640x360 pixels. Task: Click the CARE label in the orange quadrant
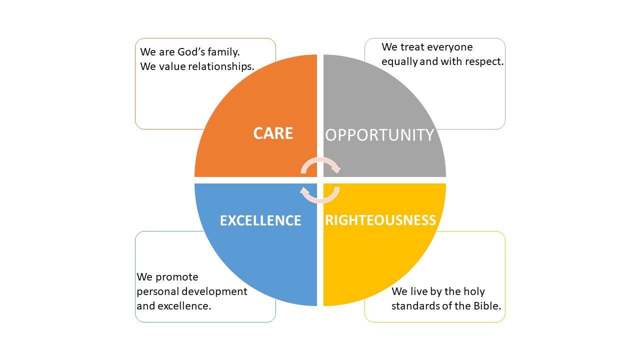tap(273, 133)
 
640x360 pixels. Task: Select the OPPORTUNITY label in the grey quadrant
tap(379, 135)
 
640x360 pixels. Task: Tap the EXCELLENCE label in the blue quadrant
tap(260, 220)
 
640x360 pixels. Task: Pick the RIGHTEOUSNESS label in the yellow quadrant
tap(380, 220)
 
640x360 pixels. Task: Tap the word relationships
tap(221, 66)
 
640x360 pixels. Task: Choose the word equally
tap(399, 61)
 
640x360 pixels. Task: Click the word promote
tap(177, 277)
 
